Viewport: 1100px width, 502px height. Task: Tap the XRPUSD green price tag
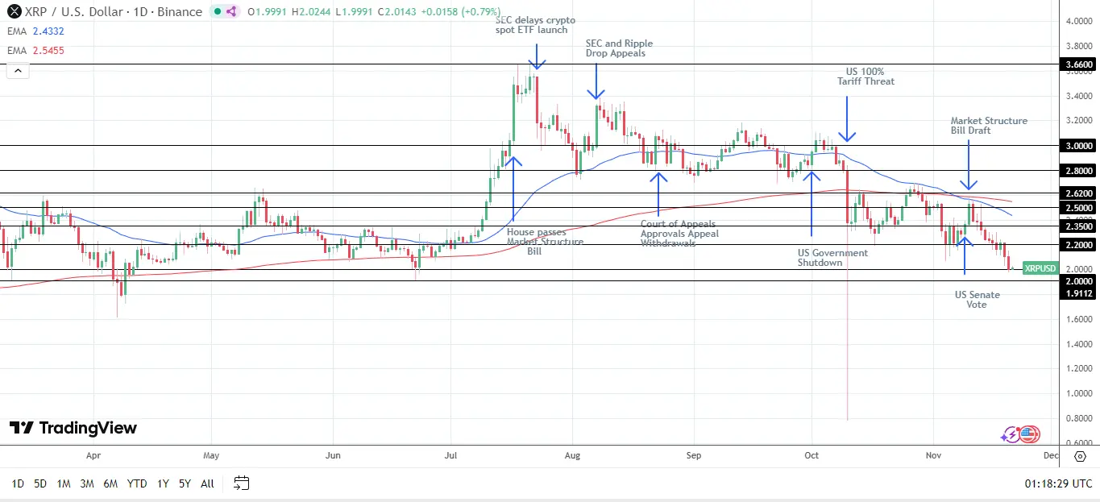point(1040,268)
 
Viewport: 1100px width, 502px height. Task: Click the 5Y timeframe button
point(185,483)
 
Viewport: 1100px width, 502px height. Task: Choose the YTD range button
point(137,483)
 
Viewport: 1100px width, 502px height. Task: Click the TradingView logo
point(73,428)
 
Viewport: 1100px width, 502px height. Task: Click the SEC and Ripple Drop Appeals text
point(619,48)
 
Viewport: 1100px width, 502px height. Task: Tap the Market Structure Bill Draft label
point(989,125)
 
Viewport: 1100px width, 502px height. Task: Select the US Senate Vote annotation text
point(977,299)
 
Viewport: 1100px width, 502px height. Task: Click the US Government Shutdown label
point(832,257)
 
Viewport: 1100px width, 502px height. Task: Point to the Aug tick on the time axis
point(571,455)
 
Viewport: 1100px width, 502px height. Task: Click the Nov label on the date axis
point(933,455)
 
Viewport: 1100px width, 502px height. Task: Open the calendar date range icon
point(241,483)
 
